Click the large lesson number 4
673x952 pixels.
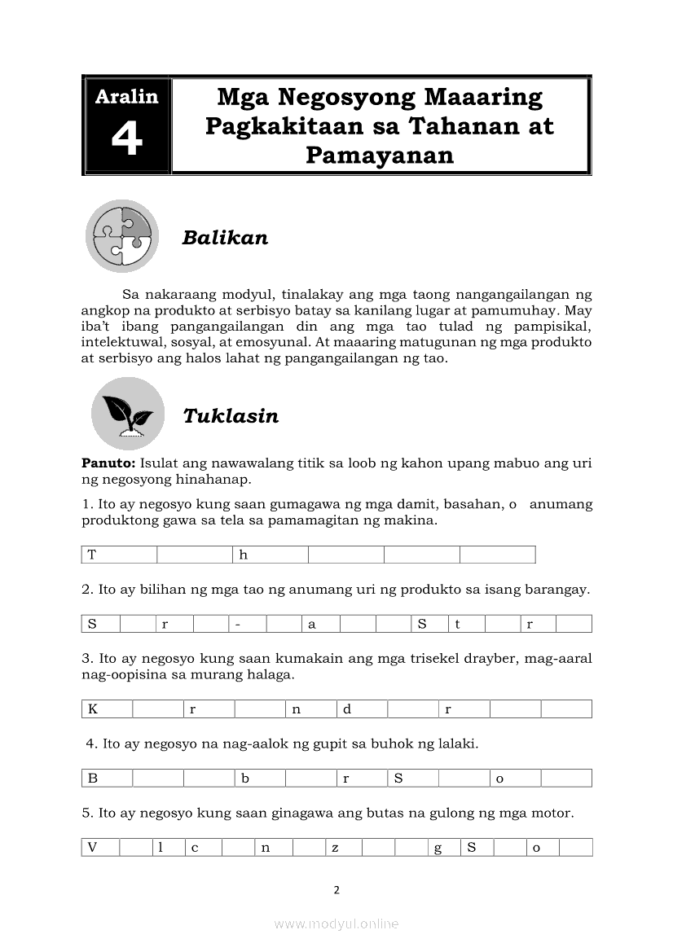[x=127, y=139]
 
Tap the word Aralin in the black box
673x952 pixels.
[x=127, y=96]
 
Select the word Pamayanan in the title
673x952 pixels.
[x=379, y=155]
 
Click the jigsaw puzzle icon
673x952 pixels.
[x=122, y=235]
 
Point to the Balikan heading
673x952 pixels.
[x=225, y=237]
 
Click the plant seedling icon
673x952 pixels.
[x=127, y=414]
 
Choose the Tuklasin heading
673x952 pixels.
[x=231, y=415]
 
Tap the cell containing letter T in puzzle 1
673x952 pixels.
[x=119, y=555]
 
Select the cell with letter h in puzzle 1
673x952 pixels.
[x=271, y=555]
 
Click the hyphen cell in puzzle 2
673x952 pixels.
[x=248, y=625]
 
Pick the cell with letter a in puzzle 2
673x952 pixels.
[x=321, y=625]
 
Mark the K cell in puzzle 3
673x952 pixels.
[x=107, y=709]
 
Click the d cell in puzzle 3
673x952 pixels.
[x=362, y=709]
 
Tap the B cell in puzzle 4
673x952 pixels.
[x=107, y=778]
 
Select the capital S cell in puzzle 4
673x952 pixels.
[x=413, y=778]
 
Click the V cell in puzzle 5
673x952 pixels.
[x=100, y=847]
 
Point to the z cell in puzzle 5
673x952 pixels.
[x=343, y=847]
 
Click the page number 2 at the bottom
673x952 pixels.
[x=336, y=889]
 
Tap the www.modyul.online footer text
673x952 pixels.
[x=336, y=923]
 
